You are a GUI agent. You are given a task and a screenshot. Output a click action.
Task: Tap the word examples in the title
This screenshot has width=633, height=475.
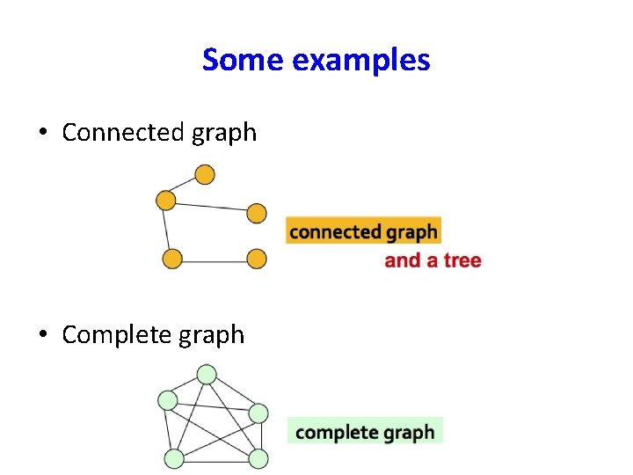click(x=362, y=61)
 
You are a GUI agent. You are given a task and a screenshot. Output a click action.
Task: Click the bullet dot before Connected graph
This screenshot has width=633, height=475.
click(x=42, y=134)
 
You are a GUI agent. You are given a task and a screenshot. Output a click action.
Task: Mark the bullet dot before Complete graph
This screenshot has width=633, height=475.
click(x=42, y=336)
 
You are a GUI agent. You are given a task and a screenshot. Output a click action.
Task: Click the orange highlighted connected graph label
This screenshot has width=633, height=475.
click(x=363, y=232)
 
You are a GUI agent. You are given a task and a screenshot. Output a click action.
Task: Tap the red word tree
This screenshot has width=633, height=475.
click(x=462, y=260)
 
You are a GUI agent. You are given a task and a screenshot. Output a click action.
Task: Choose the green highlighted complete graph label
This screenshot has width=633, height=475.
click(x=365, y=432)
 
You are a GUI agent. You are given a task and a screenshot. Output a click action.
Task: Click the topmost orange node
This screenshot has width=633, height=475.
click(x=205, y=175)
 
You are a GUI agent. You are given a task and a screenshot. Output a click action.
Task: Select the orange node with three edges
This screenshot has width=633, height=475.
click(x=166, y=201)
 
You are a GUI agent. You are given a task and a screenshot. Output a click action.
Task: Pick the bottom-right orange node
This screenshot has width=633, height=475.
click(x=256, y=259)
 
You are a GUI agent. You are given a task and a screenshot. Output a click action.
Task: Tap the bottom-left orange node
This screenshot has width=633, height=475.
click(x=172, y=259)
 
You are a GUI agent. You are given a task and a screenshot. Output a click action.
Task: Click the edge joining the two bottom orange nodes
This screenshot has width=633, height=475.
click(x=214, y=259)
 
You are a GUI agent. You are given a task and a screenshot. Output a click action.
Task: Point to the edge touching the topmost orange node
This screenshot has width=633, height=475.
click(x=186, y=187)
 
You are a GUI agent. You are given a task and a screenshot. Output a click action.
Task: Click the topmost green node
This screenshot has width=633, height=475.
click(x=207, y=375)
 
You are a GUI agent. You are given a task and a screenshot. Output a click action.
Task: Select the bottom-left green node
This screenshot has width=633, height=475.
click(x=174, y=457)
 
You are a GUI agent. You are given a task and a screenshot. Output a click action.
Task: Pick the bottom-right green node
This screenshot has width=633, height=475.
click(x=258, y=457)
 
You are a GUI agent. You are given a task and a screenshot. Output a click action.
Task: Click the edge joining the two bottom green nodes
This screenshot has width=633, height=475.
click(x=215, y=458)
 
